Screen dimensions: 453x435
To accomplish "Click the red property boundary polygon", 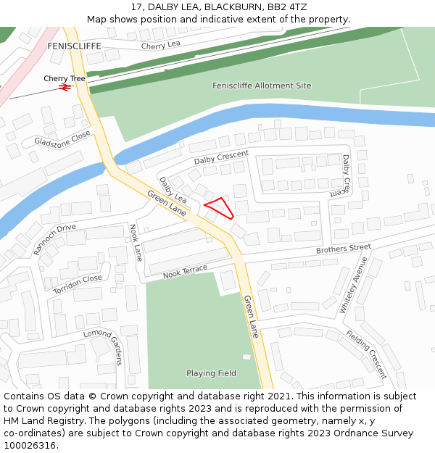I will coord(220,207).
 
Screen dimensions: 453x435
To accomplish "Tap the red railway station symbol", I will coord(65,87).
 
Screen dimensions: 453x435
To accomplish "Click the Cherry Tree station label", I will coord(64,78).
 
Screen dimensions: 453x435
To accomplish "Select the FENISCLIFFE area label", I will coord(74,46).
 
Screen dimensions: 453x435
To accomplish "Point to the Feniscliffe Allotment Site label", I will coord(262,86).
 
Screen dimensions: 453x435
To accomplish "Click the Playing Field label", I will coord(211,373).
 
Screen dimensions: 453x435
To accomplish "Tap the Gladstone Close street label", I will coord(62,137).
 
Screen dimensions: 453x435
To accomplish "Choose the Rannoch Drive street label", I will coord(54,239).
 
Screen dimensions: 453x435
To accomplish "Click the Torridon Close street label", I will coord(78,284).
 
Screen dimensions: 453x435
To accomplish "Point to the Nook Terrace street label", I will coord(185,272).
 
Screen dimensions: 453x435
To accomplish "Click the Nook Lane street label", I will coord(136,242).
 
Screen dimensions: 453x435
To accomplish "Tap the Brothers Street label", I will coord(343,249).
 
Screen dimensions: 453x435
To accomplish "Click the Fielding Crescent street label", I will coord(366,354).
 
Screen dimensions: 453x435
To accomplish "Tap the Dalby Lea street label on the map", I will coord(173,189).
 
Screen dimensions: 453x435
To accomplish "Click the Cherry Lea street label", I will coord(161,46).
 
